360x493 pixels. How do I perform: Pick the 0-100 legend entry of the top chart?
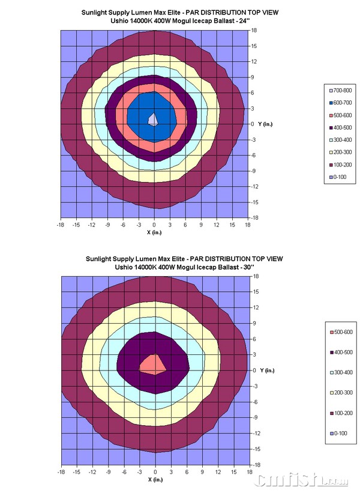(337, 177)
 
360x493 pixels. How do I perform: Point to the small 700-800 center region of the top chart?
(154, 119)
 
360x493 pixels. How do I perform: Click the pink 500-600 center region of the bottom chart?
(153, 364)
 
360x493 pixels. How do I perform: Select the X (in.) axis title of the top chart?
(155, 232)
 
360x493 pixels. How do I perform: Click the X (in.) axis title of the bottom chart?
(155, 479)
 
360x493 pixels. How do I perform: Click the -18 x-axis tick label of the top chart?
(60, 225)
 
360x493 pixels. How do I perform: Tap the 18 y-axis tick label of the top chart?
(254, 30)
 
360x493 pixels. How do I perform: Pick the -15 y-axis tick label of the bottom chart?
(255, 449)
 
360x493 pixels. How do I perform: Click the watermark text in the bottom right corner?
(300, 481)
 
